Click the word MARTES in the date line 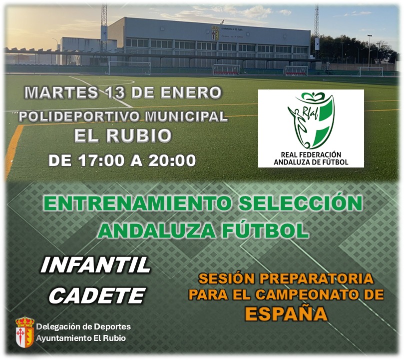click(x=61, y=92)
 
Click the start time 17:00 click(x=101, y=160)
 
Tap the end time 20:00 click(x=172, y=160)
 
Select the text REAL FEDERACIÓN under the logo click(x=311, y=154)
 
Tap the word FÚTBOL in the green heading click(x=265, y=230)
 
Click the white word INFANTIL click(x=95, y=265)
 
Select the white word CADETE click(x=97, y=295)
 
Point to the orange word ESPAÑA click(x=286, y=314)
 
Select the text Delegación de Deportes click(x=83, y=326)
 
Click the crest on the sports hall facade click(x=215, y=33)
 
